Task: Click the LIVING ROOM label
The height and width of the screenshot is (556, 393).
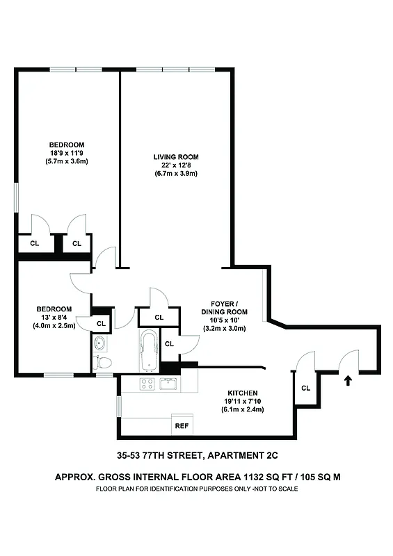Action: [176, 157]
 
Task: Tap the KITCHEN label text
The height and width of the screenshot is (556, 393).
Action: [243, 393]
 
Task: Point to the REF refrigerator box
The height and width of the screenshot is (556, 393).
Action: [182, 425]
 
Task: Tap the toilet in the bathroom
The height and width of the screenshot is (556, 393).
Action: [102, 362]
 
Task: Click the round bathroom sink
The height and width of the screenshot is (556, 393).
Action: [100, 342]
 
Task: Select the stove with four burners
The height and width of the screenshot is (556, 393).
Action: [147, 384]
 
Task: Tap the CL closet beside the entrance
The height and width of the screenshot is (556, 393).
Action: [305, 388]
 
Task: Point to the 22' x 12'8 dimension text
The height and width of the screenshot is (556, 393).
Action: [176, 165]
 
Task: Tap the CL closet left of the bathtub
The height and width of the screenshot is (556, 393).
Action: [101, 323]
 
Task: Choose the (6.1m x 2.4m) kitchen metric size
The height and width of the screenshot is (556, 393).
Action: [243, 409]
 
